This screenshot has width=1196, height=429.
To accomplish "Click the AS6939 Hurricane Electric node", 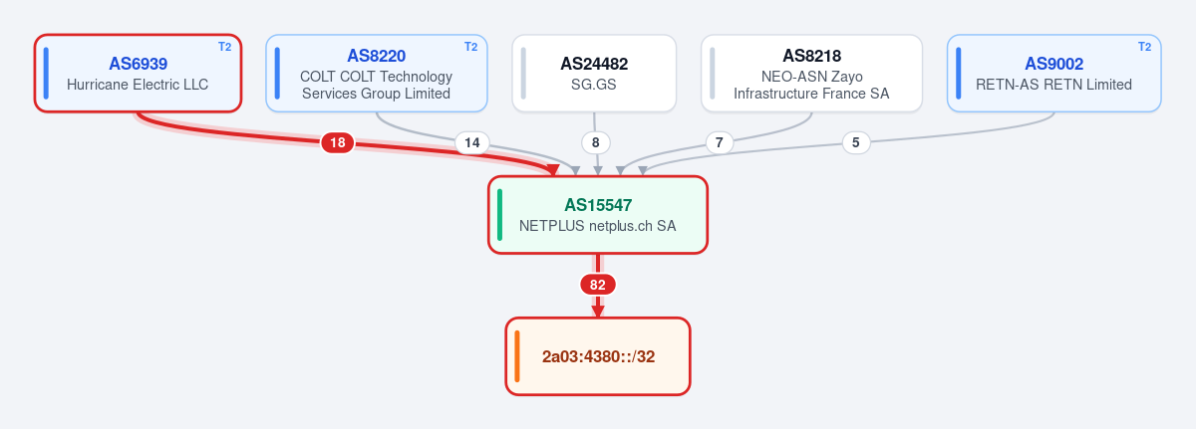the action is click(x=138, y=74).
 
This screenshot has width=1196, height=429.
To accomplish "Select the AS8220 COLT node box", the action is click(x=377, y=74).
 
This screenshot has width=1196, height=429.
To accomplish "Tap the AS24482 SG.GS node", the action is click(x=594, y=74).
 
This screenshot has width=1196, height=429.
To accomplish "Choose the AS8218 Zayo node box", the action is click(x=811, y=74).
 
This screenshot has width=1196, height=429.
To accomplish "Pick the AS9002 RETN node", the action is click(x=1054, y=74).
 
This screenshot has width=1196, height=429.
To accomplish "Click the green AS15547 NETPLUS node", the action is click(x=598, y=215).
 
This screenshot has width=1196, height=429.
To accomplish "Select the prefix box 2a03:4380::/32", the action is click(x=598, y=356).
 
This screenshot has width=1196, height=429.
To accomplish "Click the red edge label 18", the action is click(x=338, y=142).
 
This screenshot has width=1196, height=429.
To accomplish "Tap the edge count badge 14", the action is click(x=472, y=142).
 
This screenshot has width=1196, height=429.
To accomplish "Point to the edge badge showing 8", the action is click(x=595, y=142).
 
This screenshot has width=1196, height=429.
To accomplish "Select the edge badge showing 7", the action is click(x=720, y=142).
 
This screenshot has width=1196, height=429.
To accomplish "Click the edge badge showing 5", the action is click(x=856, y=142).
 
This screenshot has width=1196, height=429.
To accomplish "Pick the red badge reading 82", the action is click(x=598, y=285).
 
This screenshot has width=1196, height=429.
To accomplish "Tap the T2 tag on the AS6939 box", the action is click(x=225, y=47).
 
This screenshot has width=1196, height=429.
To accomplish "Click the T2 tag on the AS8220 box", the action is click(x=470, y=47).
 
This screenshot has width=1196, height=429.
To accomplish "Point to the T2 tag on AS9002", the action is click(x=1145, y=47).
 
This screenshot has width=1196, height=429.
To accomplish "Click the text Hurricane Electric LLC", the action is click(x=138, y=85).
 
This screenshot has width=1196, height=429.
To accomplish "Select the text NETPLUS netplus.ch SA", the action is click(x=597, y=226).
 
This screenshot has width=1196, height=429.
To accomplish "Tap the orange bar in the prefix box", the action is click(x=517, y=356).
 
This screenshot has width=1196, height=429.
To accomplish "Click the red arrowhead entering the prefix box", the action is click(x=598, y=312).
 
